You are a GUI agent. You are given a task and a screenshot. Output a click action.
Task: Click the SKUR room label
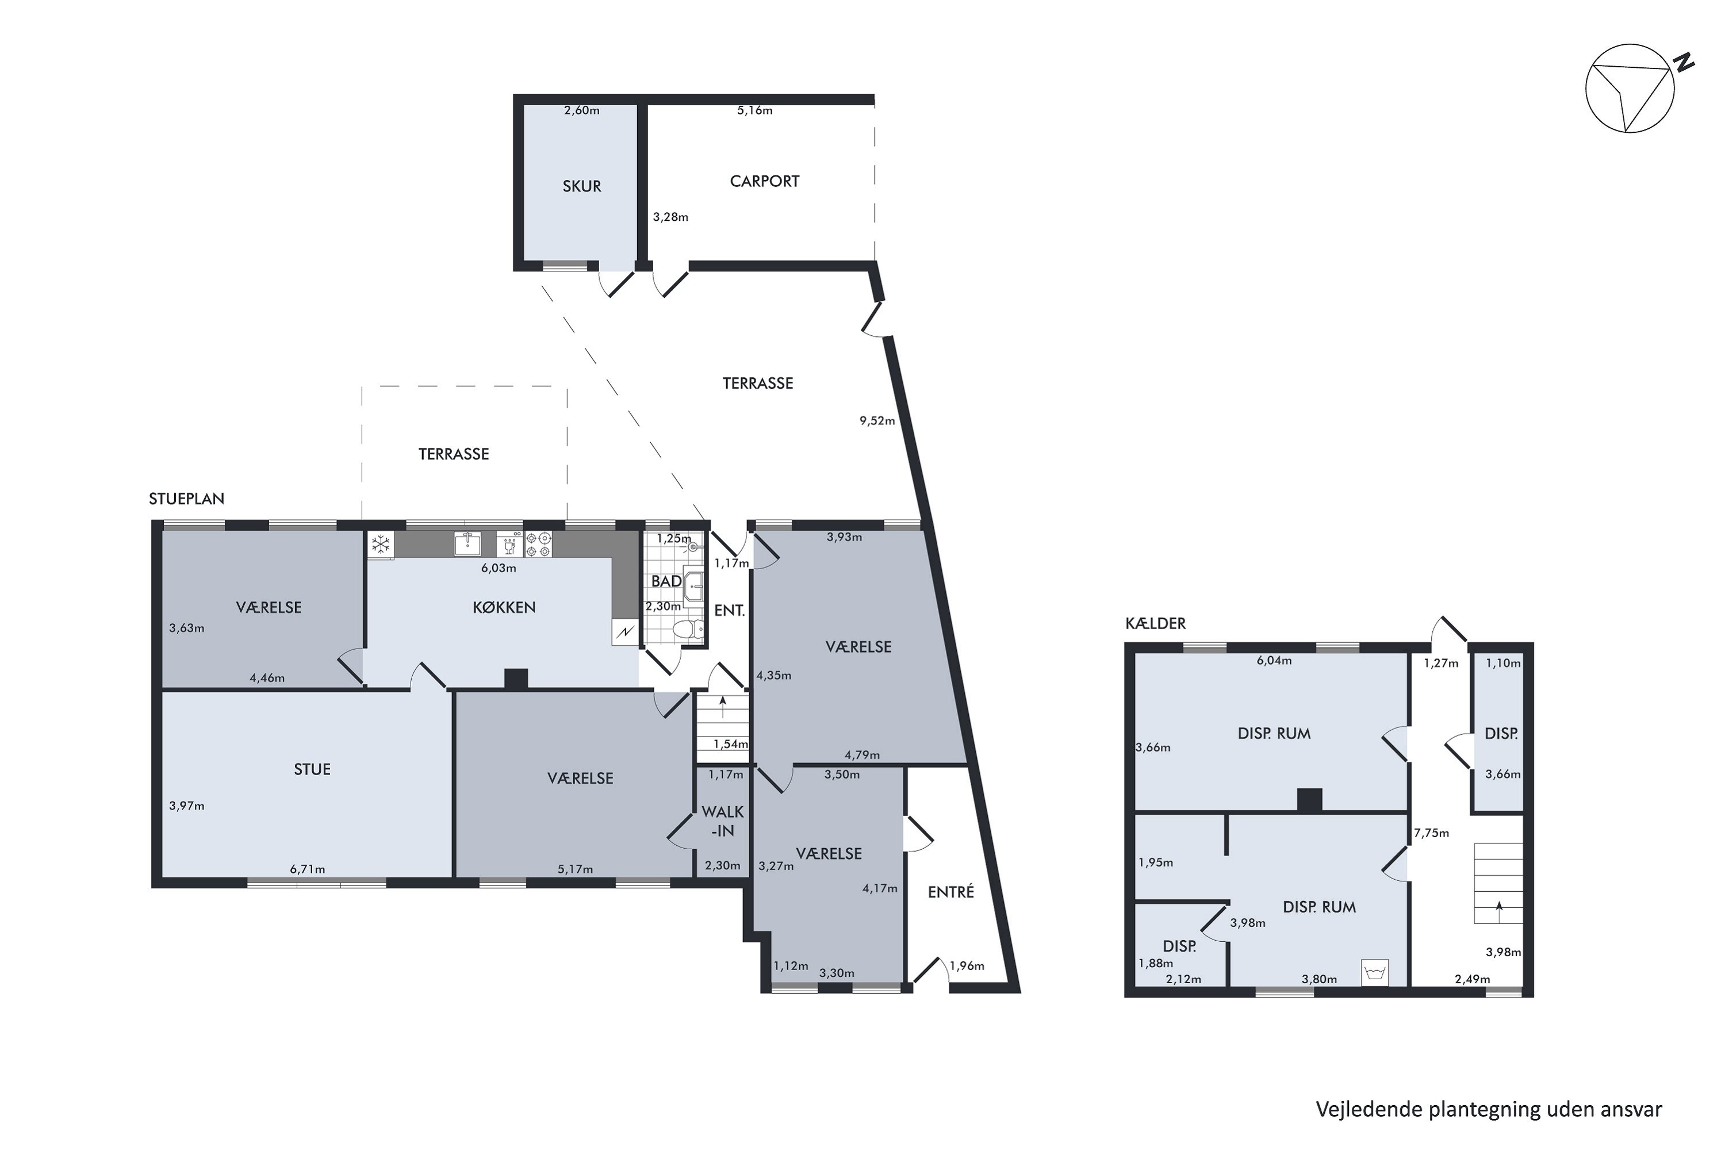point(581,186)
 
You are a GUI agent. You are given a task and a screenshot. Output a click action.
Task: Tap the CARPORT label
point(764,181)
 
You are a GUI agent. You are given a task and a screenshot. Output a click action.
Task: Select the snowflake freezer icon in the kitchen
point(381,544)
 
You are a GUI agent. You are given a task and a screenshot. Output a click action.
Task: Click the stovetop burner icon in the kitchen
point(538,544)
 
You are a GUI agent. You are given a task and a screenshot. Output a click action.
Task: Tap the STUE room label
point(312,769)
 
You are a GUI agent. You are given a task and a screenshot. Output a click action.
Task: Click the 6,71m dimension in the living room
point(307,869)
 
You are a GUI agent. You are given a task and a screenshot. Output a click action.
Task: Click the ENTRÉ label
point(950,892)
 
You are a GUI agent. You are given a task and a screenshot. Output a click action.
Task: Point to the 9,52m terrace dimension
point(877,421)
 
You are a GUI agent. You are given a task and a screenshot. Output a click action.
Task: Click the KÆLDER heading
point(1155,623)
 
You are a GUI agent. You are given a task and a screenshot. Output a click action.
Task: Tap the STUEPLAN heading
point(186,499)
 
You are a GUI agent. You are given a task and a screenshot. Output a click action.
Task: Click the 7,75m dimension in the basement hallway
point(1432,833)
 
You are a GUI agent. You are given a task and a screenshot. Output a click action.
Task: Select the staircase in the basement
point(1498,883)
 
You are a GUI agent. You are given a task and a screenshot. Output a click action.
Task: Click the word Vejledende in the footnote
point(1368,1110)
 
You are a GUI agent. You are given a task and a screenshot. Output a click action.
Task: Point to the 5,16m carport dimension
point(754,111)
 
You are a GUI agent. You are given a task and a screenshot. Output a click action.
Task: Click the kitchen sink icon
point(466,544)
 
